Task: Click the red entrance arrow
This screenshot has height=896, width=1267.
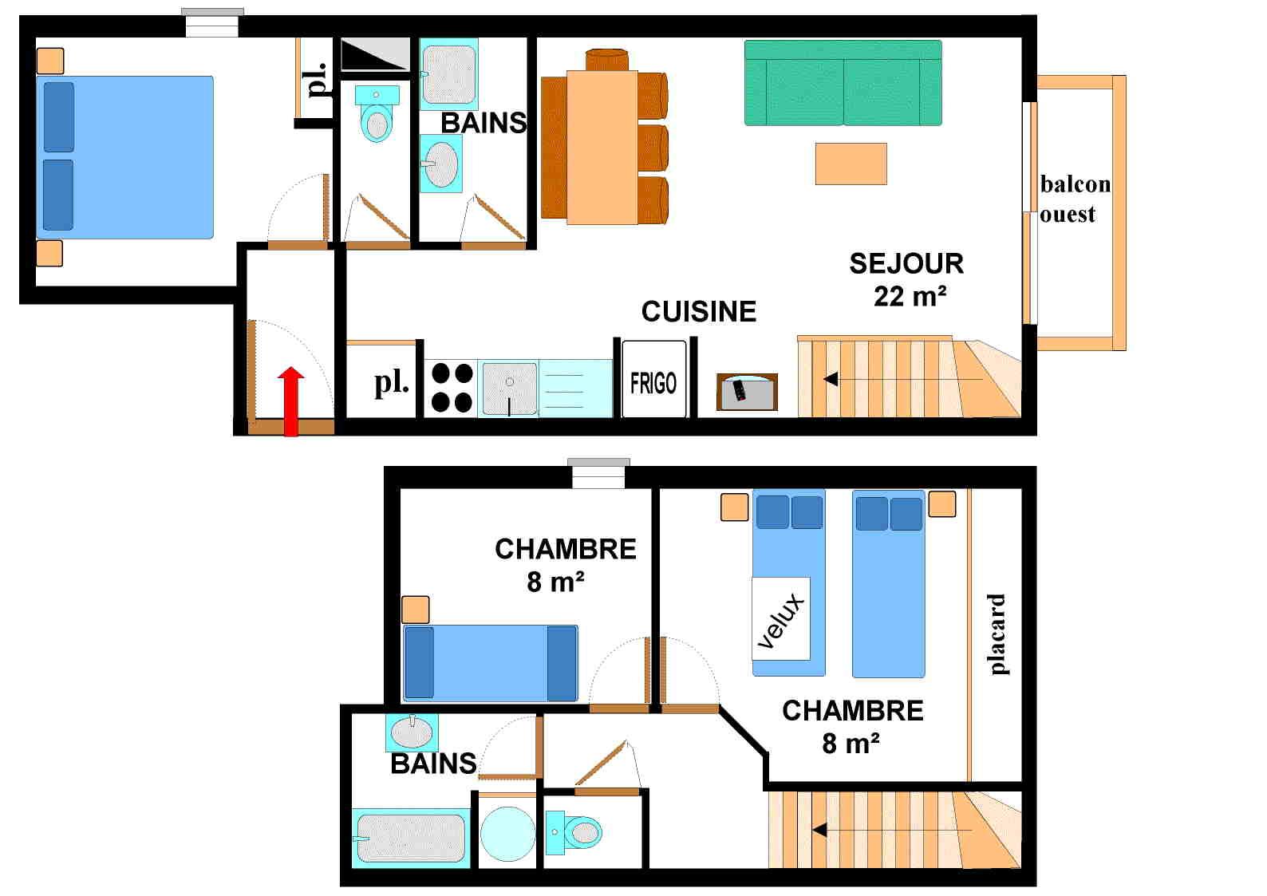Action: [292, 401]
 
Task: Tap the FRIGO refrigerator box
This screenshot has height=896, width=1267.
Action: [653, 381]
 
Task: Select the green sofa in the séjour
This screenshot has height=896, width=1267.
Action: [843, 83]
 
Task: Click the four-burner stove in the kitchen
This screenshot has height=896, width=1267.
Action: [452, 388]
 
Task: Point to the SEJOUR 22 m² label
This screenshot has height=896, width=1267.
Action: [907, 279]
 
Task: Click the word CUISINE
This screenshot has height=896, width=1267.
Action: [698, 311]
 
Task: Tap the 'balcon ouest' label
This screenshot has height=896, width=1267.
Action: [1074, 199]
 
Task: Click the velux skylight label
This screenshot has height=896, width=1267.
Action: [781, 619]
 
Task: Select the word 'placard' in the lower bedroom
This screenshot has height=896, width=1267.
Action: [996, 634]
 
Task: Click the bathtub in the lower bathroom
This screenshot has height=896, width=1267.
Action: [410, 837]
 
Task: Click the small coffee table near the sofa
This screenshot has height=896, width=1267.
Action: [851, 164]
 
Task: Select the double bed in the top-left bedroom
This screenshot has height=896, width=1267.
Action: [125, 157]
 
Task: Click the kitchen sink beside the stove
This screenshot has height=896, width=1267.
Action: [509, 388]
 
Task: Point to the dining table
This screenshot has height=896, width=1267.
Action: [602, 147]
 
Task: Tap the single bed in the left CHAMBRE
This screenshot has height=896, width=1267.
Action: [490, 663]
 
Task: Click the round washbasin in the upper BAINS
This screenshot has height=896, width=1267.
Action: [440, 164]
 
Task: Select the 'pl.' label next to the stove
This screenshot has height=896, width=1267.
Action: [390, 383]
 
